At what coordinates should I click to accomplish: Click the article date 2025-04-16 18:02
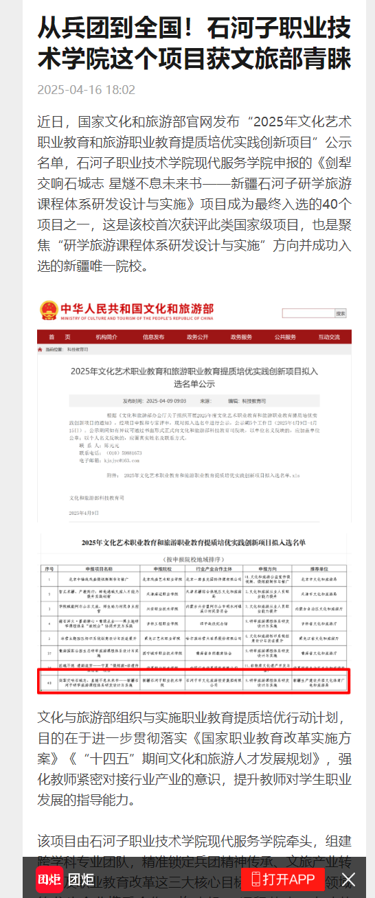(86, 90)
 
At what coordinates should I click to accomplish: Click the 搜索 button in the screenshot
(341, 313)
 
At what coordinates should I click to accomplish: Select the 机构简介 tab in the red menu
(106, 337)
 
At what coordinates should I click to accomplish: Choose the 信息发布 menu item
(153, 337)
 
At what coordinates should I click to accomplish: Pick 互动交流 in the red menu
(329, 337)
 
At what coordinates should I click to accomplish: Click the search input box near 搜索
(308, 313)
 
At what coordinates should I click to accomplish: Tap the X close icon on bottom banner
(349, 879)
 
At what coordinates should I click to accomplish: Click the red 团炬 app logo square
(49, 879)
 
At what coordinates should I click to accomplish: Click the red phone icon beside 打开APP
(255, 879)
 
